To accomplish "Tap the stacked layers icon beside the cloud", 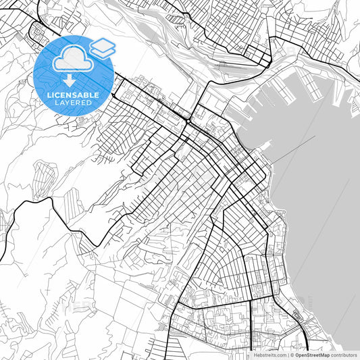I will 103,47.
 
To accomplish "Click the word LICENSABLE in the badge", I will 74,95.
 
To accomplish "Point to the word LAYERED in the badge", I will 74,103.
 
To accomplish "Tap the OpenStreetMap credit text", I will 311,355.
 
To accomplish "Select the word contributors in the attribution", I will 344,355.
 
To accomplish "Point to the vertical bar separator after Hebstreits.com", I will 287,355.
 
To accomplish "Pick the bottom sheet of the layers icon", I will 103,52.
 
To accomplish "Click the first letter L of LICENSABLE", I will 49,95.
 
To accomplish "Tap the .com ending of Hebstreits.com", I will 279,355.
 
